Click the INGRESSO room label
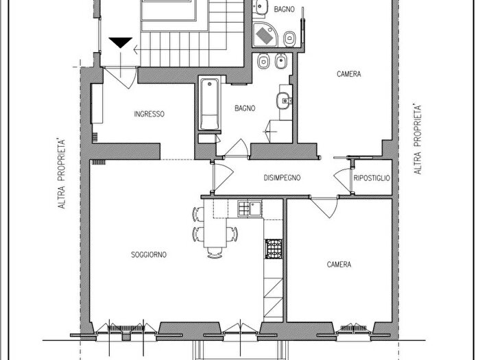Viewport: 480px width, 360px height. point(149,115)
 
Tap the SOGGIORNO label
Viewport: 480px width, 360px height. point(149,254)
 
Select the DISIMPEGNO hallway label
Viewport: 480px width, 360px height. point(282,178)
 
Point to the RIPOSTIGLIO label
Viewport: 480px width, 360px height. point(372,178)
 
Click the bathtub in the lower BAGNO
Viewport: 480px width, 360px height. point(210,104)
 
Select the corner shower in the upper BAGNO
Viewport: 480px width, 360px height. point(265,34)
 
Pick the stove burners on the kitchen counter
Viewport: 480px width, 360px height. point(274,248)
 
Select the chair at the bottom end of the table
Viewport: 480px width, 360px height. point(215,253)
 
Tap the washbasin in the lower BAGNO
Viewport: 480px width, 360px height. point(285,100)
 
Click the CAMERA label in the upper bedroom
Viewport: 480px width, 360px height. point(348,74)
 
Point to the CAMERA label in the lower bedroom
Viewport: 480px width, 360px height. point(339,265)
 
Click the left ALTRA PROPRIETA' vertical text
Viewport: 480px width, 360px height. point(62,174)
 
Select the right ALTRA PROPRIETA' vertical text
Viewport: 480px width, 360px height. point(418,140)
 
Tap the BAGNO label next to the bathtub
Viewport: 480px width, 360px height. point(245,108)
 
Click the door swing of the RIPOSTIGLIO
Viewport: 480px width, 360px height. point(342,180)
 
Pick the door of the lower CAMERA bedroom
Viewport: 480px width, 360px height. point(324,208)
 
